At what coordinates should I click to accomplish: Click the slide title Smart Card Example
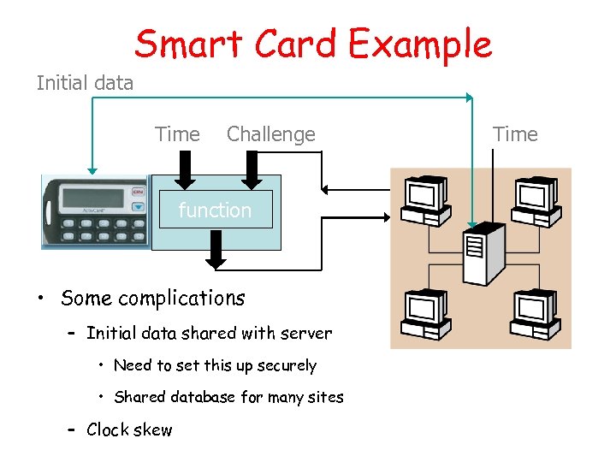pyautogui.click(x=312, y=44)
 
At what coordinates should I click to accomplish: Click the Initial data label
pyautogui.click(x=85, y=83)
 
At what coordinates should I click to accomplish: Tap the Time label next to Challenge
pyautogui.click(x=177, y=134)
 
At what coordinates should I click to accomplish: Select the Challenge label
pyautogui.click(x=270, y=134)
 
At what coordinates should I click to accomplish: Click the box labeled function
pyautogui.click(x=215, y=210)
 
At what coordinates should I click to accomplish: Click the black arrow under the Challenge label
pyautogui.click(x=251, y=170)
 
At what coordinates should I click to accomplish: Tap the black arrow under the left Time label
pyautogui.click(x=183, y=170)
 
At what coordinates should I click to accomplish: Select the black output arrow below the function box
pyautogui.click(x=216, y=251)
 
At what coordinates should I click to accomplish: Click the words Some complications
pyautogui.click(x=152, y=299)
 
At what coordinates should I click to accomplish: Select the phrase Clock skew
pyautogui.click(x=129, y=429)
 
